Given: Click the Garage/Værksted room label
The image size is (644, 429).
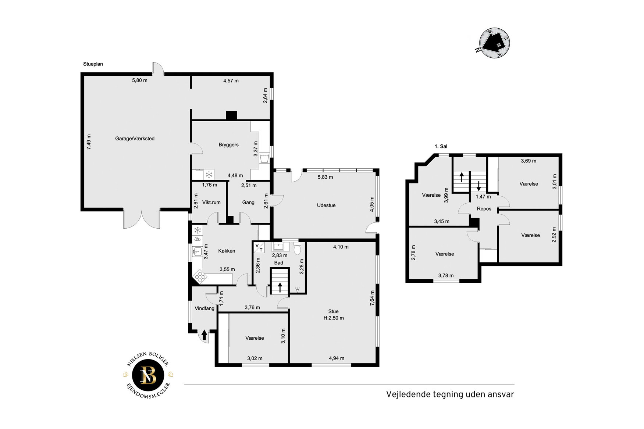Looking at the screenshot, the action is point(135,139).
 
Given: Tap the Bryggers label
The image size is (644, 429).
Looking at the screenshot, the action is point(228,145).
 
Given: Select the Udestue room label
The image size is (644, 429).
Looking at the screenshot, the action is point(326,205).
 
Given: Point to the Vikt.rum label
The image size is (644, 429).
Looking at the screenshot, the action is point(211,203).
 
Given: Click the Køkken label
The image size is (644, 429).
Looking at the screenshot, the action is point(227,251).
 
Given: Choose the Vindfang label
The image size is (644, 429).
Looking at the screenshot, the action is point(204,308).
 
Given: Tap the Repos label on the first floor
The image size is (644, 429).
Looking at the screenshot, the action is point(484,209).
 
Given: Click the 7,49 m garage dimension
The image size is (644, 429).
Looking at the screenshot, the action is point(89,142).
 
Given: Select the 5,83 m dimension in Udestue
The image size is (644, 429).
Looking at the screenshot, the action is point(325,177).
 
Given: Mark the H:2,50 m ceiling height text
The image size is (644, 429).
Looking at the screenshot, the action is point(334,318).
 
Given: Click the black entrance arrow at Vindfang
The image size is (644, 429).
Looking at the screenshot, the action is point(204,335).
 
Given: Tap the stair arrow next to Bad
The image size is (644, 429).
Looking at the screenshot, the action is point(280,287).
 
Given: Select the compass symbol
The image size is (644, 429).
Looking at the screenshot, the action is point(494,43).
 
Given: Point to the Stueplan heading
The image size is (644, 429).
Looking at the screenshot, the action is point(93,64).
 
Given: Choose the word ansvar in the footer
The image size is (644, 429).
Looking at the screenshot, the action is point(501,394).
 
